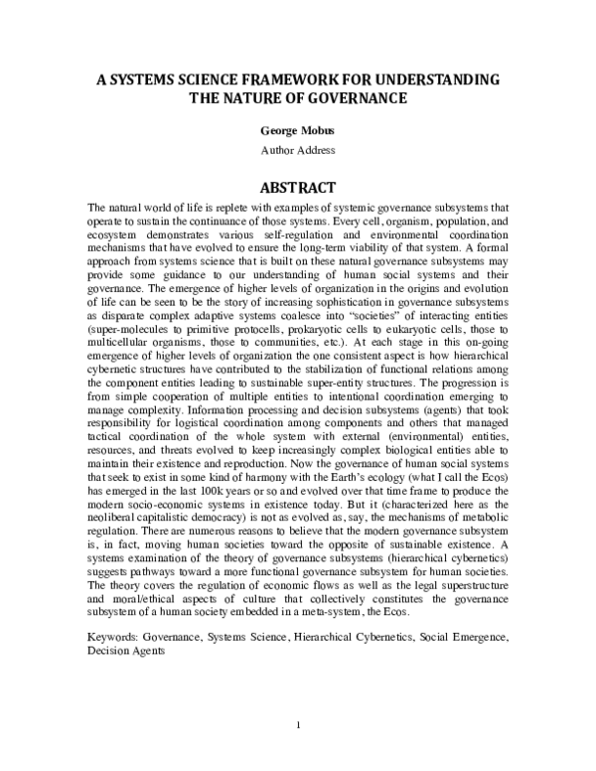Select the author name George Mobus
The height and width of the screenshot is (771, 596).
click(x=298, y=130)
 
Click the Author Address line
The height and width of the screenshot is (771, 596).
click(x=298, y=150)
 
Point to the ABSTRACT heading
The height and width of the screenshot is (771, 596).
click(x=298, y=186)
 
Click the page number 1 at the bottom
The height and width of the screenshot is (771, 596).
click(x=298, y=724)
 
